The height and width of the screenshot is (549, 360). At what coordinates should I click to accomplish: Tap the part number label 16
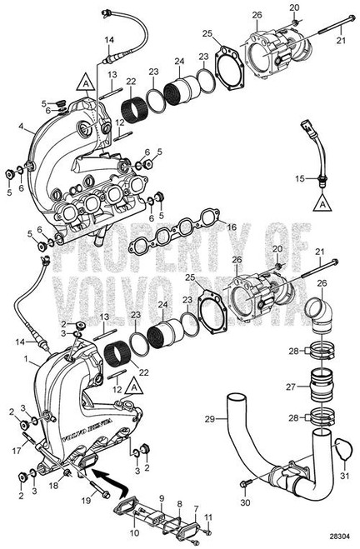click(232, 227)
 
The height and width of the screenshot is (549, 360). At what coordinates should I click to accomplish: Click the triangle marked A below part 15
click(320, 202)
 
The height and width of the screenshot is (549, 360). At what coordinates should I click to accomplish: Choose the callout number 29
click(209, 417)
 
